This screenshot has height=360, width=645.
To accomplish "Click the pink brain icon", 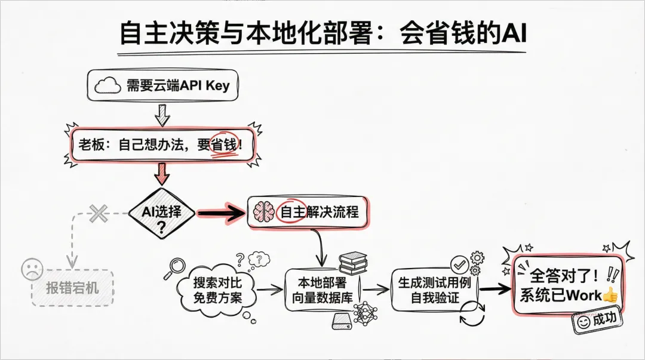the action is [265, 211].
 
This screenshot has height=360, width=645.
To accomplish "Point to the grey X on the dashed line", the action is [98, 213].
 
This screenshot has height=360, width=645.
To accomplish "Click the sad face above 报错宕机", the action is [32, 269].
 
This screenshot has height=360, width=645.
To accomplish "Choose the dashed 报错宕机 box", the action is [72, 288].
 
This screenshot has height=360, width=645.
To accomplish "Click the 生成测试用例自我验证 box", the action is [434, 290].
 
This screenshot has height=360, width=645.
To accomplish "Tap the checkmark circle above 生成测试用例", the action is [459, 263].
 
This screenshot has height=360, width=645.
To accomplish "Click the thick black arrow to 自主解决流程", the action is [221, 213].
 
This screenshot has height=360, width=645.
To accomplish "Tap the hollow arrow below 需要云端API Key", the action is [162, 114].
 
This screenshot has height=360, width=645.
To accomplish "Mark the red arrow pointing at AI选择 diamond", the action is [162, 175].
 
